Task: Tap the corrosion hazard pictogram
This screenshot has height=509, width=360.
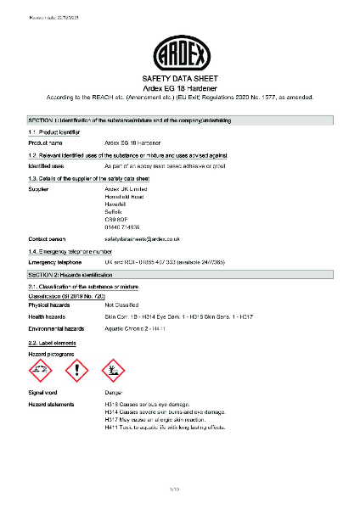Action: [40, 370]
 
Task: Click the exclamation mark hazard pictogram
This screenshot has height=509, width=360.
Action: [76, 370]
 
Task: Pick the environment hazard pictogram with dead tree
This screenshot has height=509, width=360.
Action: [113, 370]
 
